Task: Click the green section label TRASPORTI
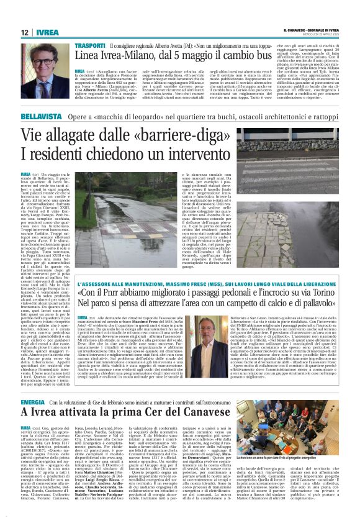tap(89, 46)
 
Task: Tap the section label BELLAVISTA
tap(41, 116)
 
